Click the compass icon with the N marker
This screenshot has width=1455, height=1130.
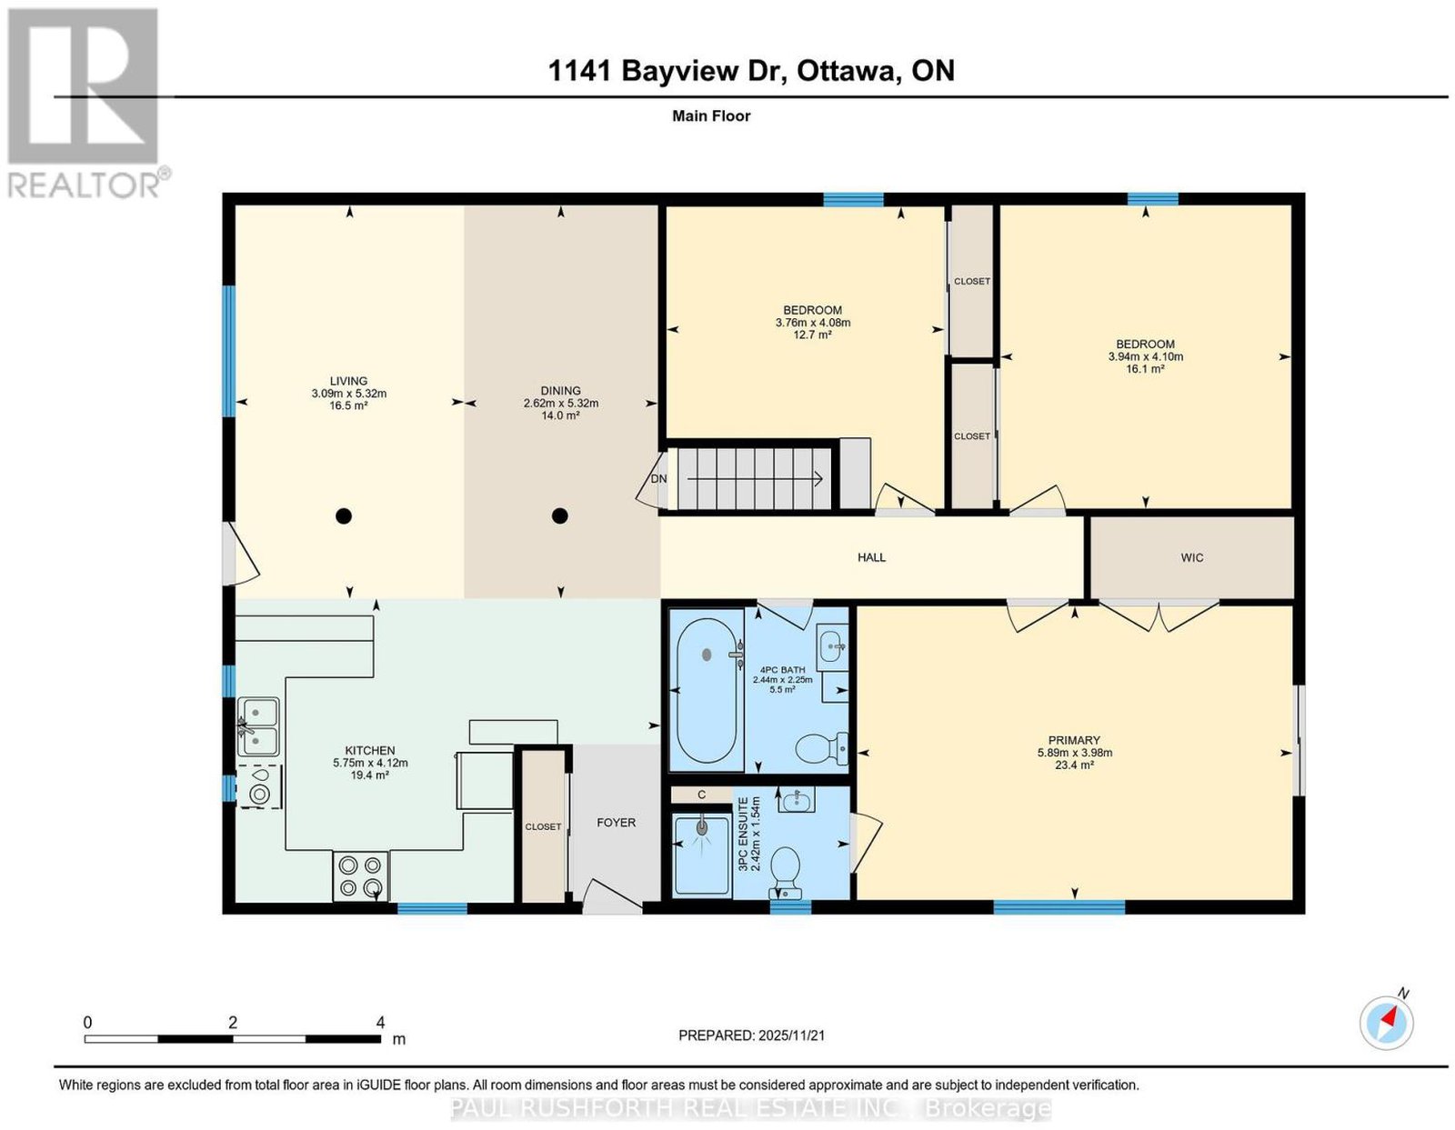(1386, 1024)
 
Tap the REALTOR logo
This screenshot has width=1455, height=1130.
(85, 104)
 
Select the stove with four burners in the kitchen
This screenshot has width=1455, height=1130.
(360, 876)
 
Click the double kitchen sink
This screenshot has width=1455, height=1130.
(258, 726)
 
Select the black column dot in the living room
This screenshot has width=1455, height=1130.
(344, 515)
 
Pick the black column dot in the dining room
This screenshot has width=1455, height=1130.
(560, 515)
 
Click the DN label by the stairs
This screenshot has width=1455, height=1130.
(659, 479)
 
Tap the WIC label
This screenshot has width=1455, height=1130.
(1192, 557)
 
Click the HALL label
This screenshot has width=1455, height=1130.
(872, 557)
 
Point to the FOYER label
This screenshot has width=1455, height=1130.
(616, 822)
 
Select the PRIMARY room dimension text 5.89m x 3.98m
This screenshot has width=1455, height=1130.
(1075, 753)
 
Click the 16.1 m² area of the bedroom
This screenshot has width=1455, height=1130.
(1145, 369)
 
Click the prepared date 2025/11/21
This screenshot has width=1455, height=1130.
(791, 1035)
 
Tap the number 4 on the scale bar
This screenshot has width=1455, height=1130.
(380, 1023)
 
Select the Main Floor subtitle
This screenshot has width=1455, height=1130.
(711, 115)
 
